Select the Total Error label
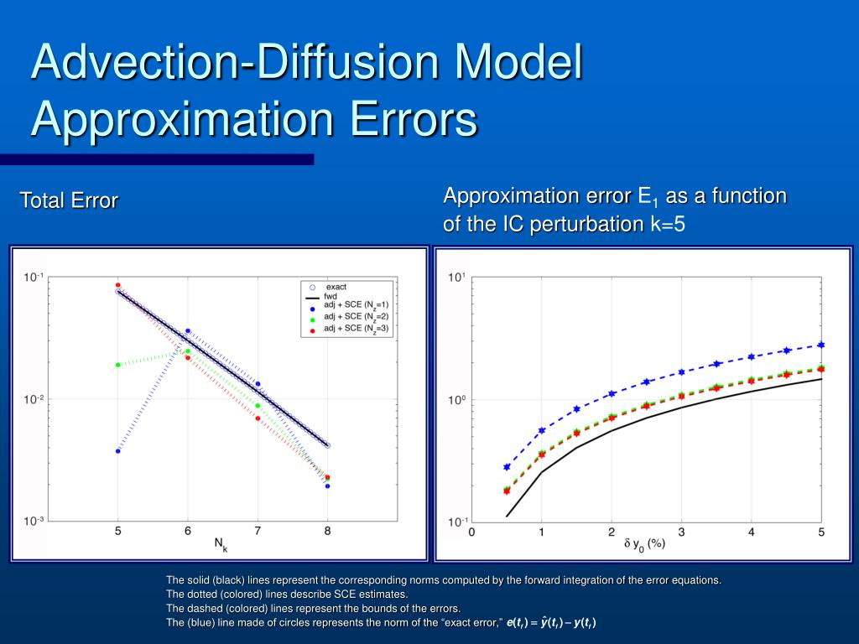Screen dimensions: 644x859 (x=69, y=200)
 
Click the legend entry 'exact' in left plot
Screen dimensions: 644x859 (x=336, y=287)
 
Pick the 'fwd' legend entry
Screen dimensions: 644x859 (x=331, y=296)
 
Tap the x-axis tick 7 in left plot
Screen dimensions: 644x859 (x=258, y=531)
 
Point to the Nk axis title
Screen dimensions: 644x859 (x=221, y=545)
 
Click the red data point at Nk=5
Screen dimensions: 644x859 (x=118, y=285)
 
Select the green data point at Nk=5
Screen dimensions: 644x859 (x=118, y=365)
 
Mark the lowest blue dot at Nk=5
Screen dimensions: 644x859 (x=118, y=451)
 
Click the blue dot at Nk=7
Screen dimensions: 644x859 (x=258, y=384)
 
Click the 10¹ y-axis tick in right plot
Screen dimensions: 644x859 (x=456, y=278)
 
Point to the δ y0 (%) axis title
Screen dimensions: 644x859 (x=644, y=545)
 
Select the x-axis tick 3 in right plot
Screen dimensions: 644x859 (x=681, y=532)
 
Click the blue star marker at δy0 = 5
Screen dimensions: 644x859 (x=821, y=345)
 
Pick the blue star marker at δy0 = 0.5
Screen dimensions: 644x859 (x=507, y=467)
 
